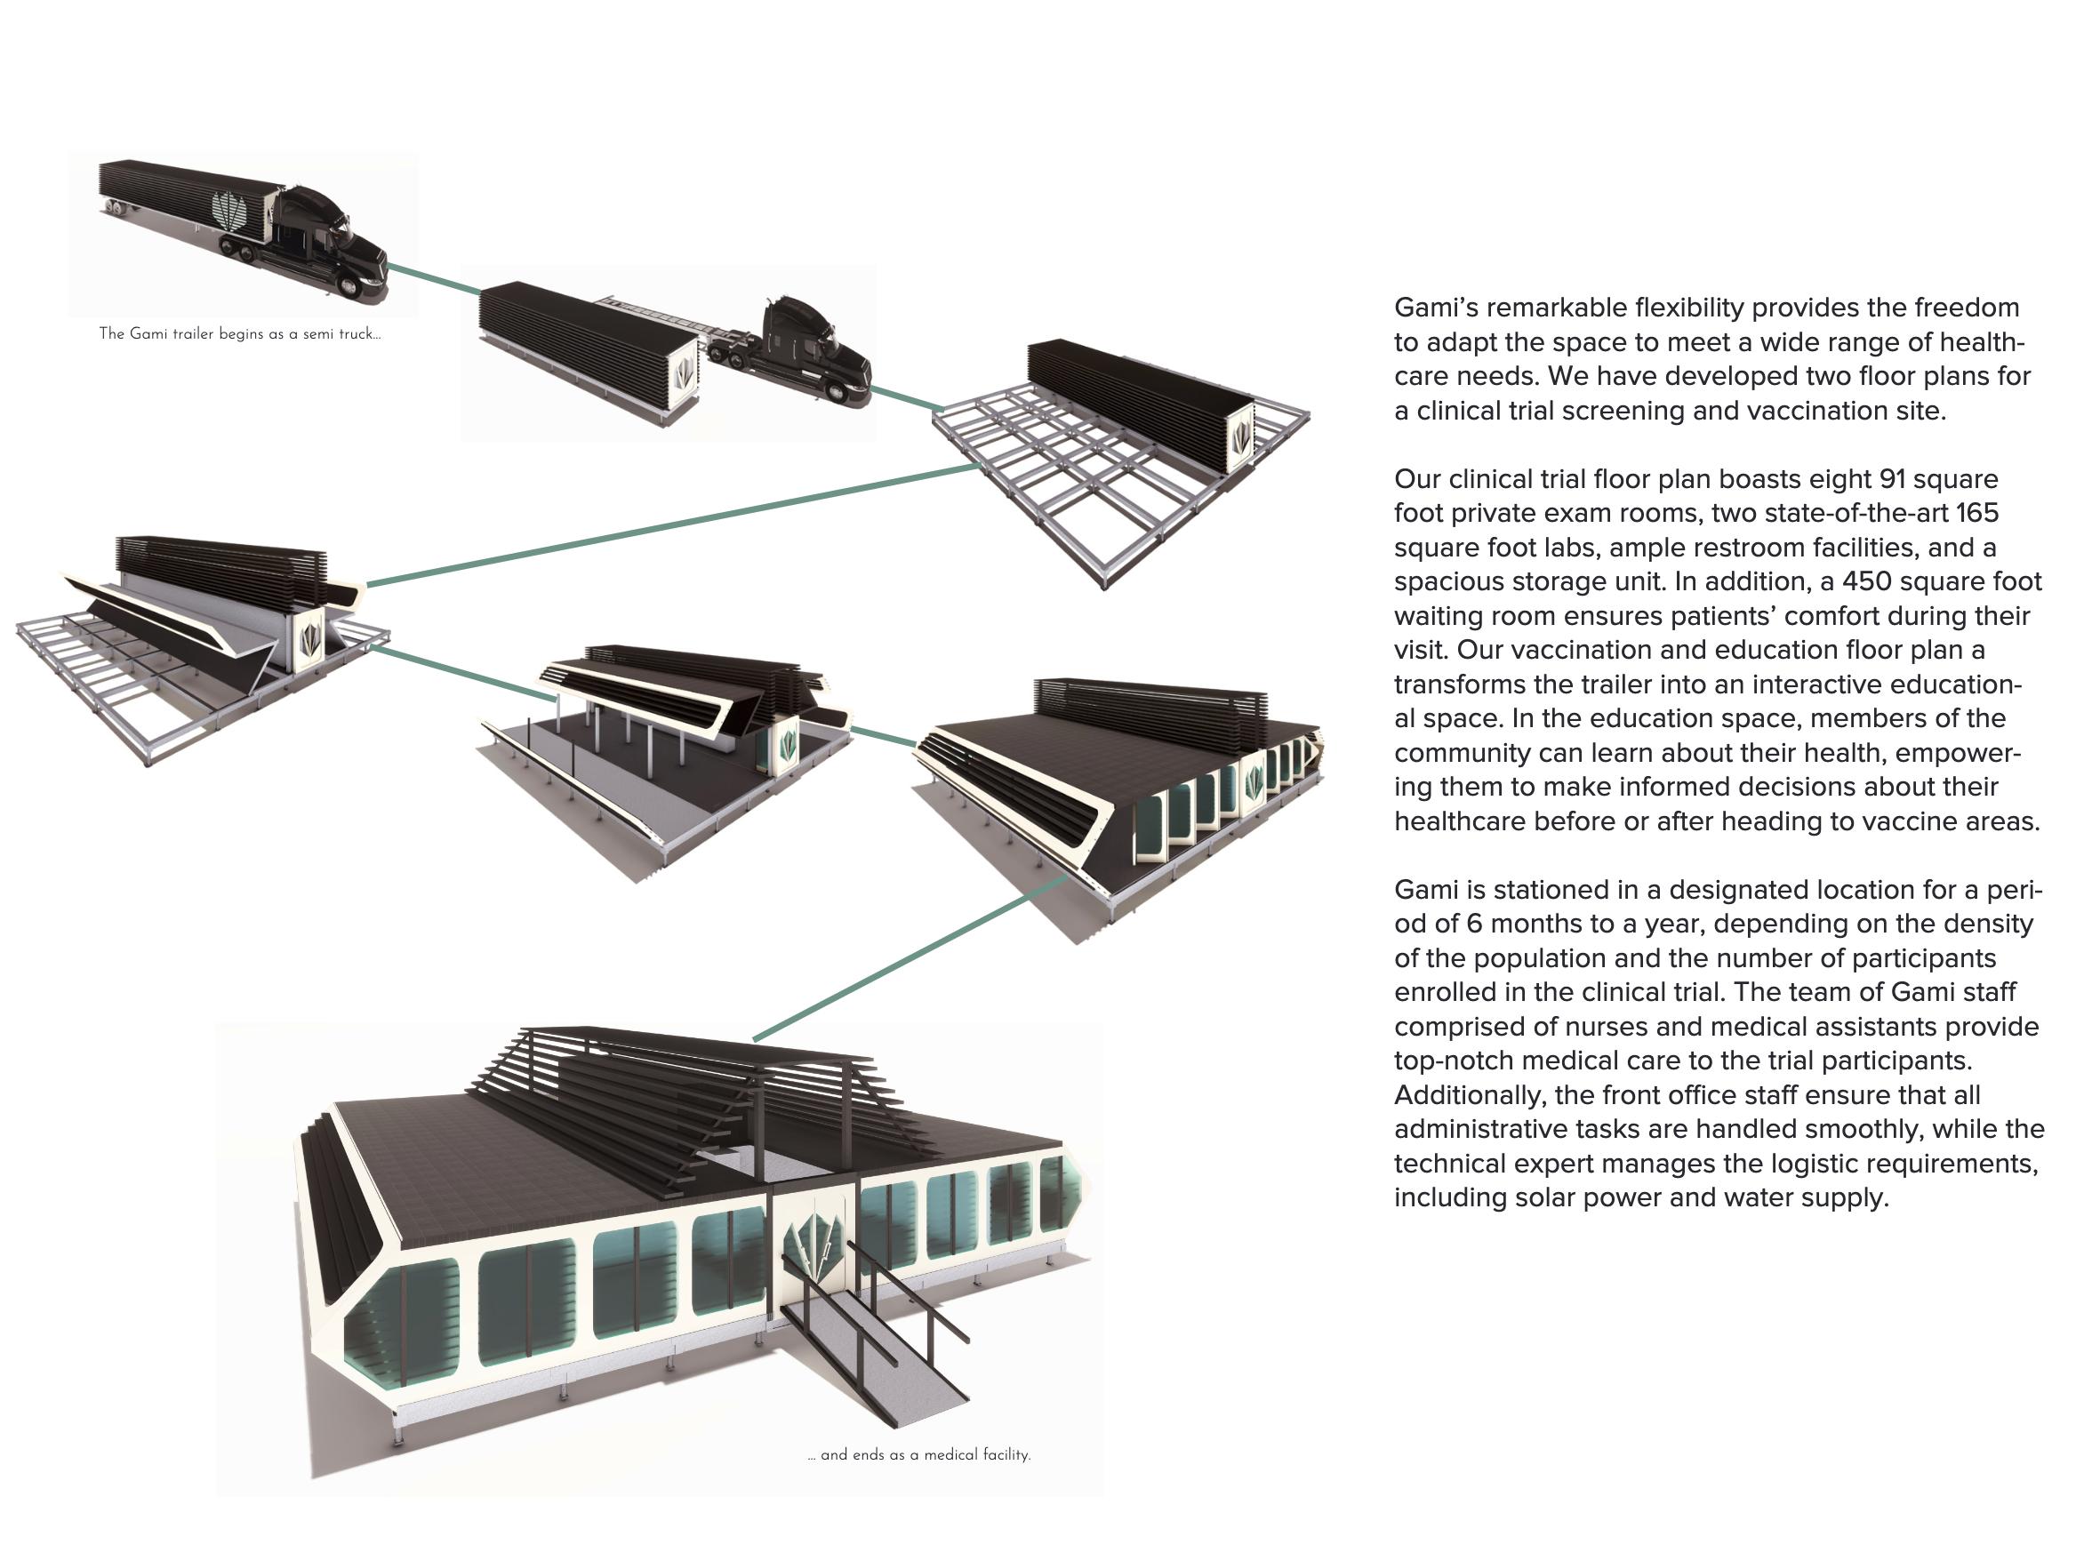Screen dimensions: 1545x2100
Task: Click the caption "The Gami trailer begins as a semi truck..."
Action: [x=239, y=334]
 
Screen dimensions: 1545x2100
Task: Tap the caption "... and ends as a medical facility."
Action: [x=918, y=1454]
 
